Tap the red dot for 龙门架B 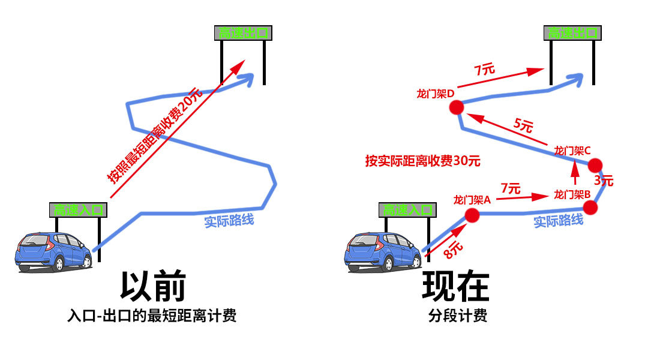590,208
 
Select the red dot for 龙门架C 595,165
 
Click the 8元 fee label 454,248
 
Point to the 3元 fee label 604,180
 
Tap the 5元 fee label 523,126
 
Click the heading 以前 152,286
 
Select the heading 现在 456,286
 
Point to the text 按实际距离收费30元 423,161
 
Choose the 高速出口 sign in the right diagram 572,34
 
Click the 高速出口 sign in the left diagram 242,34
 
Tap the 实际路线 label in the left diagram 229,221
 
